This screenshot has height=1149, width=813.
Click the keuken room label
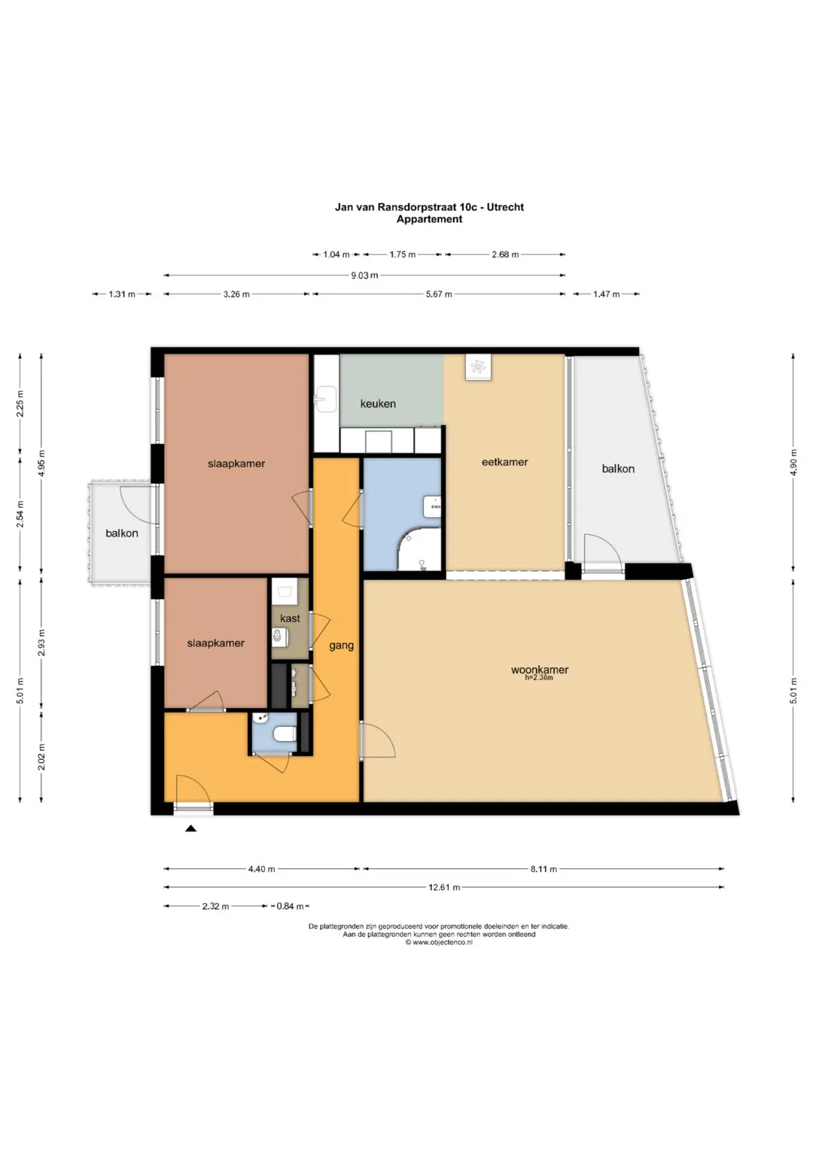pyautogui.click(x=378, y=403)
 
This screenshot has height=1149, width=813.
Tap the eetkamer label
pyautogui.click(x=504, y=462)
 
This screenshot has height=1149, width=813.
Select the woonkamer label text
pyautogui.click(x=540, y=670)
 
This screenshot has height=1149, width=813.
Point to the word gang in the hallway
pyautogui.click(x=341, y=646)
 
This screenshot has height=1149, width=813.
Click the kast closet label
pyautogui.click(x=290, y=618)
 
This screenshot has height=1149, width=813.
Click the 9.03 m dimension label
pyautogui.click(x=364, y=275)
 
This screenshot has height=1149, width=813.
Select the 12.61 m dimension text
pyautogui.click(x=444, y=887)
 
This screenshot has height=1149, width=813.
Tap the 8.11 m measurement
pyautogui.click(x=544, y=869)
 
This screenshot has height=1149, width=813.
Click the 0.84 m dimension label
pyautogui.click(x=290, y=906)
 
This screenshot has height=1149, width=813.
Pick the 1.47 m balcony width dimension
pyautogui.click(x=606, y=294)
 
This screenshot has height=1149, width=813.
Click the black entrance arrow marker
pyautogui.click(x=191, y=828)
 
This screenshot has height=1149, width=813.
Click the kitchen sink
pyautogui.click(x=325, y=400)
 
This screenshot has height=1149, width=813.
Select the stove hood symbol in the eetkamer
pyautogui.click(x=478, y=367)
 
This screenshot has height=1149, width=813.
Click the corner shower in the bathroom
pyautogui.click(x=420, y=549)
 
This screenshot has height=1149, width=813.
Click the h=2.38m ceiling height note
pyautogui.click(x=539, y=678)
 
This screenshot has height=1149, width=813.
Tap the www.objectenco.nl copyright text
pyautogui.click(x=439, y=942)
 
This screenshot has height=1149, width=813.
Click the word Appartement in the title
pyautogui.click(x=429, y=219)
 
